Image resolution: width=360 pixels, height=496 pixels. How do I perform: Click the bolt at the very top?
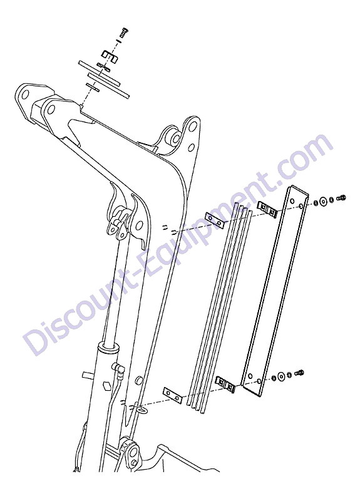[123, 32]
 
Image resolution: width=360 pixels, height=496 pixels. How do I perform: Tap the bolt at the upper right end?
[341, 199]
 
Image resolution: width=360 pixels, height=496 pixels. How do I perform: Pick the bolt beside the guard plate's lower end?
[299, 373]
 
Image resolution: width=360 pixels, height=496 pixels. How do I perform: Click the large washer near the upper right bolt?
[323, 201]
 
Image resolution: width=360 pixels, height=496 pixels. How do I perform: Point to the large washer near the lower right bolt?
[280, 376]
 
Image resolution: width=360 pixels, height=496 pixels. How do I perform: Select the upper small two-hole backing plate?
[215, 220]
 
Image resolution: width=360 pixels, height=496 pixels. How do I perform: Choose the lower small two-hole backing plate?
[172, 395]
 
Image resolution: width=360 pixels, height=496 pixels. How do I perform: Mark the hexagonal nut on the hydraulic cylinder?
[107, 386]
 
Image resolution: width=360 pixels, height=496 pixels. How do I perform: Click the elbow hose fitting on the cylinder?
[118, 368]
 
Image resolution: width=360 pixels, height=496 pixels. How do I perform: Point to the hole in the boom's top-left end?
[25, 94]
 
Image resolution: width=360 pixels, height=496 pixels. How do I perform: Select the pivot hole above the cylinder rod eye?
[138, 225]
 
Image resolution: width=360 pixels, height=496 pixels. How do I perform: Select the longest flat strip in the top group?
[105, 81]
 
